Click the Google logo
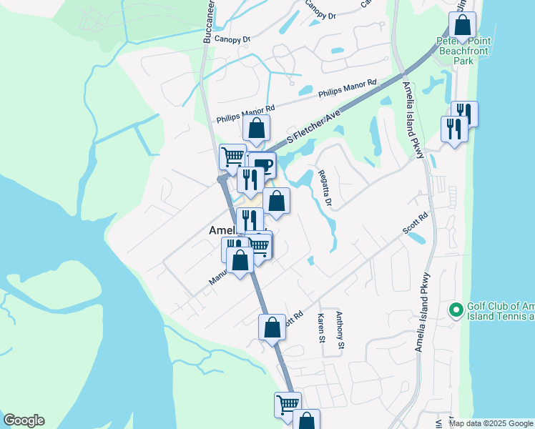point(24,420)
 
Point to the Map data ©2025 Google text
point(491,423)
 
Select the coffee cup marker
point(262,166)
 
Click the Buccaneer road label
point(207,21)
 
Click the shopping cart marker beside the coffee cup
point(232,156)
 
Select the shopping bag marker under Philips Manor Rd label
point(257,129)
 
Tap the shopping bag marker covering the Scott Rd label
point(272,327)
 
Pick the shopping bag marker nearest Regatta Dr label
point(277,201)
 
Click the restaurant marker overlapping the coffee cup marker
point(249,179)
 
